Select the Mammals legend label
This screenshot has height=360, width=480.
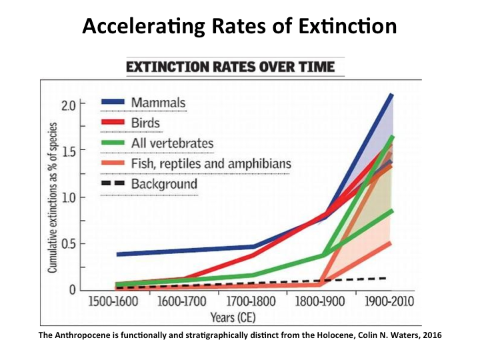pyautogui.click(x=158, y=103)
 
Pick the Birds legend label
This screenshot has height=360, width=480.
pyautogui.click(x=146, y=123)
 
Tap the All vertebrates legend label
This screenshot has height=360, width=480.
pyautogui.click(x=172, y=143)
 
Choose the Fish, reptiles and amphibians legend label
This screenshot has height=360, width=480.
pyautogui.click(x=211, y=163)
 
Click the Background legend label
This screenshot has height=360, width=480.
pyautogui.click(x=164, y=184)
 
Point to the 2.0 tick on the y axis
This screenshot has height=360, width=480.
pyautogui.click(x=69, y=105)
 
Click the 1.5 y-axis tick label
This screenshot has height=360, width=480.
pyautogui.click(x=69, y=151)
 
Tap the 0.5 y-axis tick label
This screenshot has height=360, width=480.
pyautogui.click(x=69, y=244)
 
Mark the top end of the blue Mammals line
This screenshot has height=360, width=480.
pyautogui.click(x=391, y=95)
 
